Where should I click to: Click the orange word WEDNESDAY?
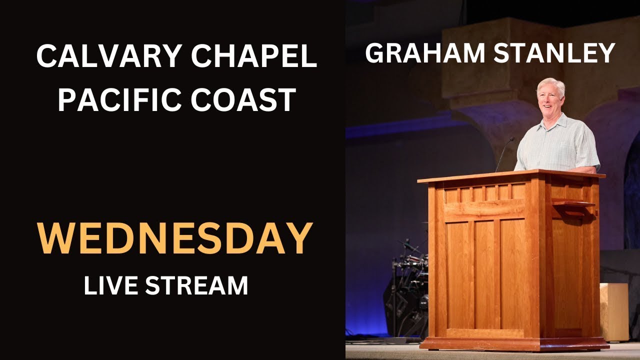click(x=175, y=239)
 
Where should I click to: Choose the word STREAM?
click(x=197, y=285)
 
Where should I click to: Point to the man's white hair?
click(x=550, y=83)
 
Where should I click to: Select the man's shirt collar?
click(x=556, y=121)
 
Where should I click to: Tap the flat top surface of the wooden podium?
click(x=510, y=175)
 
